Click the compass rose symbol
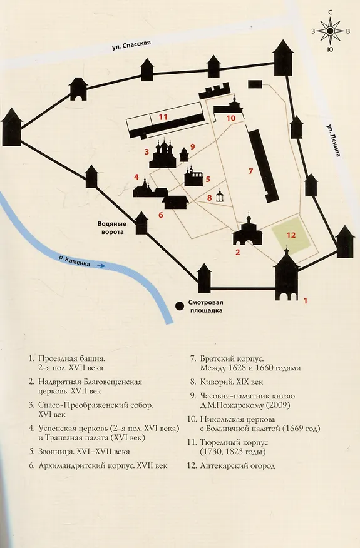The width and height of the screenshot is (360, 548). point(329,31)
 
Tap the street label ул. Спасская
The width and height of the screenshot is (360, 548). point(131,45)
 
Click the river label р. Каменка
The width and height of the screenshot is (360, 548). point(74,261)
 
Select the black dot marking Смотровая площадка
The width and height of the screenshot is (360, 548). point(180,306)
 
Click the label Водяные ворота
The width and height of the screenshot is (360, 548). point(111,228)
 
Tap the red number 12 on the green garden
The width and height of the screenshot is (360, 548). point(291,235)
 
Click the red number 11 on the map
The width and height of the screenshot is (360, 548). point(163,117)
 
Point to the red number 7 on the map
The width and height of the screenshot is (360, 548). point(250,171)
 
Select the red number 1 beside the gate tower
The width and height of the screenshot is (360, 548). point(305,300)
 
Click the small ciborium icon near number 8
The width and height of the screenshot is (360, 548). point(220,196)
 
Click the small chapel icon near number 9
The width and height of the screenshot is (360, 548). point(184,155)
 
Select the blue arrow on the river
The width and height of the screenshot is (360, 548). point(101,266)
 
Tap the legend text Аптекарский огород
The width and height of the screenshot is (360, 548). point(237,466)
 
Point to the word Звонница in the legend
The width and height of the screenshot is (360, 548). point(54,452)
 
